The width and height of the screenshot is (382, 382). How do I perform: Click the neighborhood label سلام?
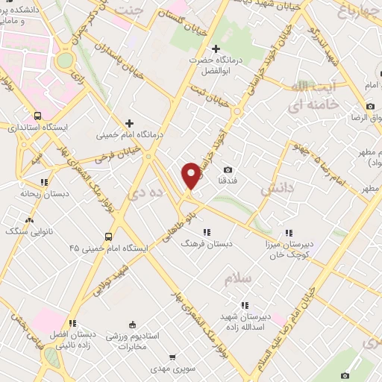tap(239, 279)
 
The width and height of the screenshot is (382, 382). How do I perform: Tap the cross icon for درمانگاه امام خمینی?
tap(130, 123)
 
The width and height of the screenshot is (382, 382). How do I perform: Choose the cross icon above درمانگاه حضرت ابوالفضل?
tap(216, 49)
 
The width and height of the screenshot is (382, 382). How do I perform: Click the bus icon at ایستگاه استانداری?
tap(37, 116)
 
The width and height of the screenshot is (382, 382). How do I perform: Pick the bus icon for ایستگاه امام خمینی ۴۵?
tap(110, 237)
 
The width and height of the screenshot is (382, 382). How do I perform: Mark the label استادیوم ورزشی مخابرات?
tap(134, 341)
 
